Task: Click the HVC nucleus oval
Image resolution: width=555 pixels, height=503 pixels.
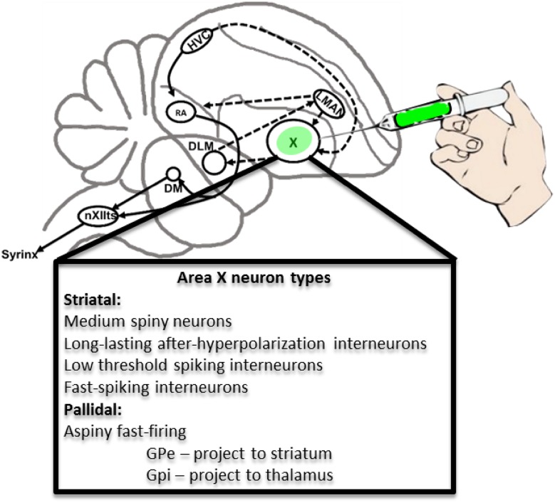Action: (194, 46)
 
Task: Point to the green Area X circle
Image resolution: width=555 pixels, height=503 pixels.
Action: (291, 143)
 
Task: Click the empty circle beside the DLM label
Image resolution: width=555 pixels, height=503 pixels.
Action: (214, 162)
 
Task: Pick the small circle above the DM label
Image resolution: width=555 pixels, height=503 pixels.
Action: (172, 174)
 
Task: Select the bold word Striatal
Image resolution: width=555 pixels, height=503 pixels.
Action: (91, 300)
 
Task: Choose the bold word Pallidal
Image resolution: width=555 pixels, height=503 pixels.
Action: (92, 408)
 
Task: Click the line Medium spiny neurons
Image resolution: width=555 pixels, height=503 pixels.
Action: (148, 322)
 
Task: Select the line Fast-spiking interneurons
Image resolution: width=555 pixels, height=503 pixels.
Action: (156, 387)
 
